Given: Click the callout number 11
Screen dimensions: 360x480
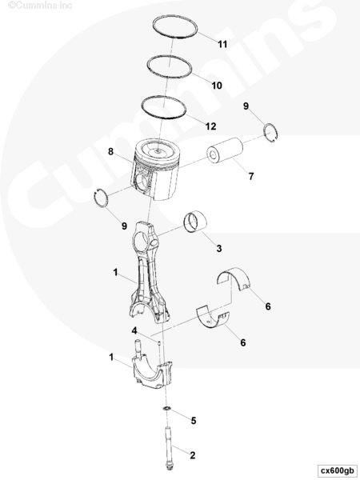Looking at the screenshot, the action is pos(222,44).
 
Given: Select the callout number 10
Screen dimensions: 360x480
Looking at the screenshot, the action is pos(217,86).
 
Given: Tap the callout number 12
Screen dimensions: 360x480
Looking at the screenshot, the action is pos(210,126).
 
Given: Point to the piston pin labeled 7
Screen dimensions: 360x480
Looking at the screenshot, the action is pos(225,150).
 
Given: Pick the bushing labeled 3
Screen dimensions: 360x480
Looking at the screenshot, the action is pos(195,222).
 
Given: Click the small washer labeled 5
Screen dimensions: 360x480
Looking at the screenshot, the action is pos(166,409).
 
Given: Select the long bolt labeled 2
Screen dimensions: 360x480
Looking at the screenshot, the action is pos(169,449).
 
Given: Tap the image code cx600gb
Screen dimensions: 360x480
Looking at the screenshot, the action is pos(338,470).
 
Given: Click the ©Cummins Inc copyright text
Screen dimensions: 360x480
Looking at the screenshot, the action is pos(40,6).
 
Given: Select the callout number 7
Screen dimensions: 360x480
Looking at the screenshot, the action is pos(251,176).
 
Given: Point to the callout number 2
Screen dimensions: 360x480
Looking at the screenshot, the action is pos(192,455).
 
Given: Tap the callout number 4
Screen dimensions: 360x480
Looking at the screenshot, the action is pos(134,331).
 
